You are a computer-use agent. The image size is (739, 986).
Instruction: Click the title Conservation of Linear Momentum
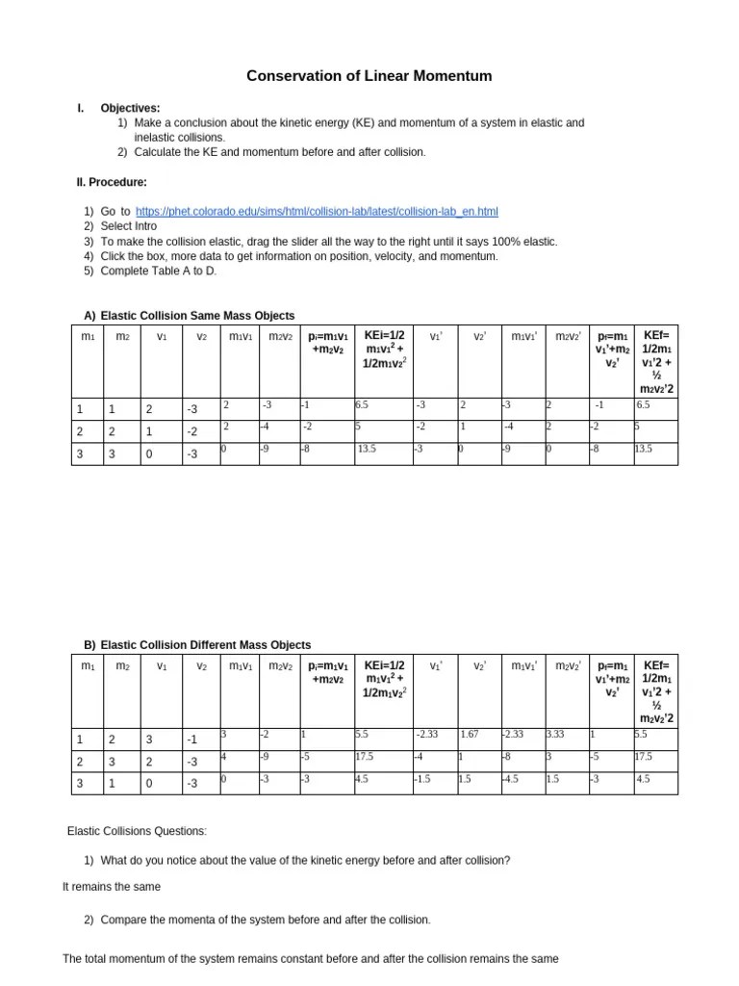click(x=370, y=75)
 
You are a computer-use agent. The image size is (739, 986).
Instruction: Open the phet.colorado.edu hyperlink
click(x=317, y=211)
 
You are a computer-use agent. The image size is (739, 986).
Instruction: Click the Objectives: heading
click(x=130, y=109)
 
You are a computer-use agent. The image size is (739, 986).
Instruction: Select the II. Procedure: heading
click(x=112, y=182)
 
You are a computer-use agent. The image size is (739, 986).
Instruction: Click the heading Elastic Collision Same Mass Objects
click(x=197, y=316)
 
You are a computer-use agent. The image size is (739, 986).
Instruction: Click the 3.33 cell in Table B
click(x=555, y=735)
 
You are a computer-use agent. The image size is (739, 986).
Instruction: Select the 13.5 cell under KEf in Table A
click(x=643, y=449)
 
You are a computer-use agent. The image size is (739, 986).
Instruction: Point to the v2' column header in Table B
click(x=478, y=666)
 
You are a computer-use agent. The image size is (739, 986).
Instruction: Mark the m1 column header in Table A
click(x=88, y=336)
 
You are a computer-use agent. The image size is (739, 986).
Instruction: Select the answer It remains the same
click(x=112, y=887)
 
